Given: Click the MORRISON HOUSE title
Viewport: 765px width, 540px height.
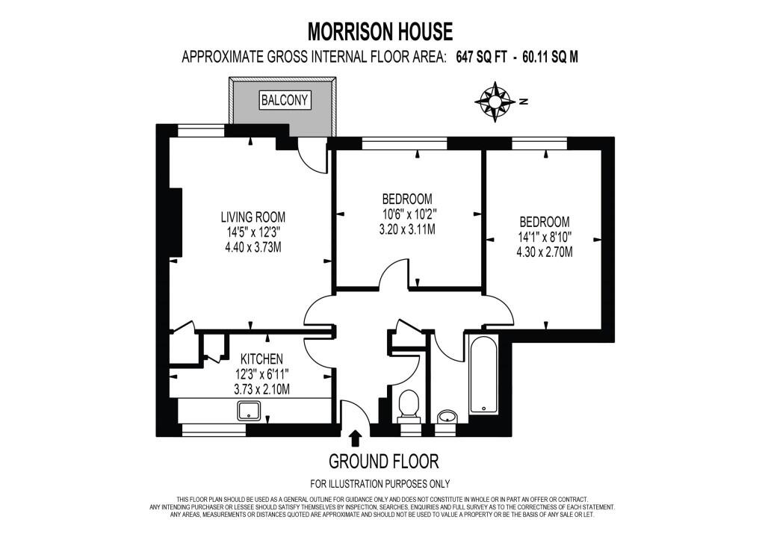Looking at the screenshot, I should click(381, 31).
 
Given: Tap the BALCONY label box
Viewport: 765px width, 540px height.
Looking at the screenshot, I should click(285, 100).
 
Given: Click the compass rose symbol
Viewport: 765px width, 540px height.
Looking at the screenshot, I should click(495, 102).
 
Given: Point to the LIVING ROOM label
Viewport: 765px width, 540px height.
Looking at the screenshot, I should click(253, 217).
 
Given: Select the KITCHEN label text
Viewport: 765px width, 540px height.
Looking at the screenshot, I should click(261, 359).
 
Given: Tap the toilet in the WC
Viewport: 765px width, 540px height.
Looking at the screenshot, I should click(408, 406).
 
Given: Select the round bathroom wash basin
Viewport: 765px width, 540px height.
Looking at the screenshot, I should click(446, 415).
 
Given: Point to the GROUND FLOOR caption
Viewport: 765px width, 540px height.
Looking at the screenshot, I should click(383, 460).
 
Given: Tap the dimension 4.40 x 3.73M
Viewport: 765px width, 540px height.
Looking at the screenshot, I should click(253, 246).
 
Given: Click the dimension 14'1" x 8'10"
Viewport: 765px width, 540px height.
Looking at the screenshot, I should click(545, 237).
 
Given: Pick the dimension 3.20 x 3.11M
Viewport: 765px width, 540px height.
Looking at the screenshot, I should click(407, 229).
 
